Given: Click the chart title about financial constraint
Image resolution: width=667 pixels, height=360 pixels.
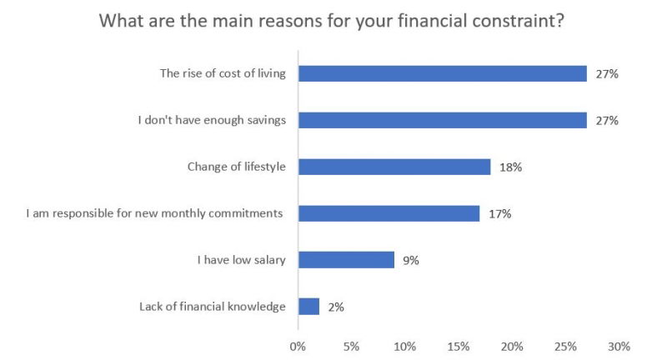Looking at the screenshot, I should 333,20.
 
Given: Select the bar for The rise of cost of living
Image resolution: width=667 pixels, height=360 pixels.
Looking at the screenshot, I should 442,73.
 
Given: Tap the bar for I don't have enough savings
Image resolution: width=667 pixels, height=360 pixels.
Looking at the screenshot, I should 442,120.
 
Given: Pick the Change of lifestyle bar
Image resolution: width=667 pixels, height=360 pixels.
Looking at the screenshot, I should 394,167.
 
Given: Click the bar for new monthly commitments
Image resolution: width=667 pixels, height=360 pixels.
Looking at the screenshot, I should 389,213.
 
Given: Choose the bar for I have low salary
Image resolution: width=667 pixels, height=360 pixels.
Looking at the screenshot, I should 346,260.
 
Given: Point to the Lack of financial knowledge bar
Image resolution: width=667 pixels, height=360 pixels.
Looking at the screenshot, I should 308,307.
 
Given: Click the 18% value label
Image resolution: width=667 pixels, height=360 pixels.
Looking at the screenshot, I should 511,167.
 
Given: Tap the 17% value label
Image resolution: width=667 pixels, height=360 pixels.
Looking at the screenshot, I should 500,214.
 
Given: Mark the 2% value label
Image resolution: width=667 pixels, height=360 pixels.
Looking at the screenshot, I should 335,307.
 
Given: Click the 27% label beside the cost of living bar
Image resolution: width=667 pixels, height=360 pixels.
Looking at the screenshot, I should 607,74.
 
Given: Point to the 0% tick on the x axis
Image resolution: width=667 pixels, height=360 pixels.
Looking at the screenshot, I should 298,346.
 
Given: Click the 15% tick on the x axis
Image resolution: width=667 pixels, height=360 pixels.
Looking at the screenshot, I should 459,346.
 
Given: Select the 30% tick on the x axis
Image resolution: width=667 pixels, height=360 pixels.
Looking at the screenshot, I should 619,346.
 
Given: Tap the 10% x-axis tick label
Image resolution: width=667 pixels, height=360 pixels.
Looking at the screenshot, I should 404,346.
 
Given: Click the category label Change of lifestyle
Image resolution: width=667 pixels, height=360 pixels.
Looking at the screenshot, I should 237,167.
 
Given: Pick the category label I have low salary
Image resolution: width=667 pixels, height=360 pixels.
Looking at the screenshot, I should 242,260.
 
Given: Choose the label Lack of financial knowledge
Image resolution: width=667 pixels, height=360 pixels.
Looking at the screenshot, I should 213,307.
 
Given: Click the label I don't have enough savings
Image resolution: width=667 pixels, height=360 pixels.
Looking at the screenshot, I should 212,120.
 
